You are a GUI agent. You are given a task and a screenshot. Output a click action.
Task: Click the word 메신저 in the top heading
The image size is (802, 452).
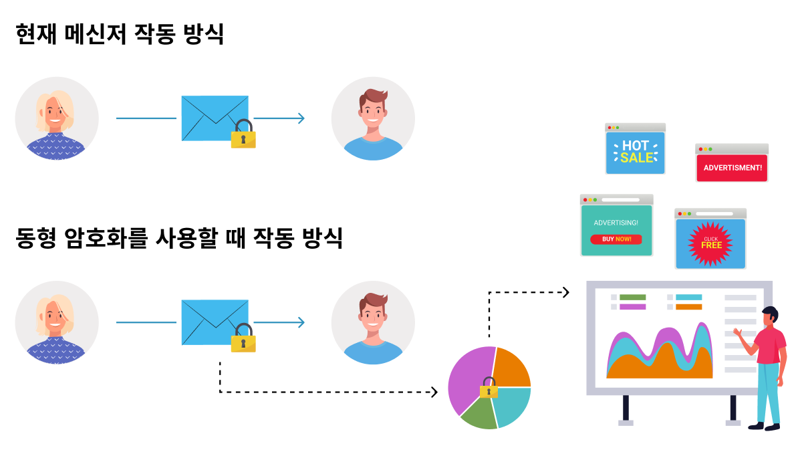96,34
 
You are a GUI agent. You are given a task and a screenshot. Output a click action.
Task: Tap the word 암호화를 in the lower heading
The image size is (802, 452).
106,238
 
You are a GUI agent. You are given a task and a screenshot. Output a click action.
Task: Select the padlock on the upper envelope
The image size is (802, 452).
243,134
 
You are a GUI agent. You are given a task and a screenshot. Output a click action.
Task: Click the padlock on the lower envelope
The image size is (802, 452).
243,338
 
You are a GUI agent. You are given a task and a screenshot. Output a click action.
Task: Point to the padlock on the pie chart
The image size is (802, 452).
489,388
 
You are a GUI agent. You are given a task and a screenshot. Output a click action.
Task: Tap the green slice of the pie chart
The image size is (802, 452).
480,415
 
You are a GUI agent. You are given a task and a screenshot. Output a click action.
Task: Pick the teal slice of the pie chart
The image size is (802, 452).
511,405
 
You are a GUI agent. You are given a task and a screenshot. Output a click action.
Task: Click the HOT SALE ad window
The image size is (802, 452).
635,148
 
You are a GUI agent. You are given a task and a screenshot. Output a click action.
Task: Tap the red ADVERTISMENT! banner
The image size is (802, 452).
732,168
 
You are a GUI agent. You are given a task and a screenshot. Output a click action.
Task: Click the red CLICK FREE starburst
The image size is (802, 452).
710,244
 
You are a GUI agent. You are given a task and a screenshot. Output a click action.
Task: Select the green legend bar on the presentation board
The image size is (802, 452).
633,298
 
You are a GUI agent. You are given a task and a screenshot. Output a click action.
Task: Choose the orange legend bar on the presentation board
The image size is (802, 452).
689,307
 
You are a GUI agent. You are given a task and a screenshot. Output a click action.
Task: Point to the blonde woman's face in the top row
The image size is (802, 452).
55,114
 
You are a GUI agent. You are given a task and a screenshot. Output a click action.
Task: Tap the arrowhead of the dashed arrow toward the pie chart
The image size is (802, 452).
434,392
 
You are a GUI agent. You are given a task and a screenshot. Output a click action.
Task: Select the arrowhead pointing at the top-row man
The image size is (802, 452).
301,118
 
